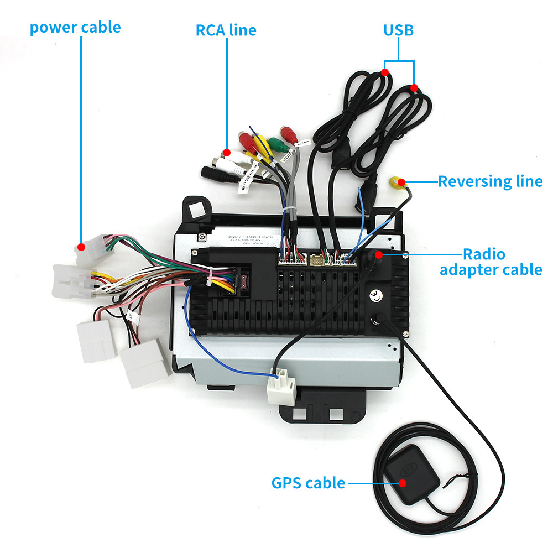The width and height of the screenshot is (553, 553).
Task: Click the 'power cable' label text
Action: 75,27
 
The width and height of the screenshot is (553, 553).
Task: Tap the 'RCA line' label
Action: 226,30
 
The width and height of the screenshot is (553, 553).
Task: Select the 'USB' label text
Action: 399,30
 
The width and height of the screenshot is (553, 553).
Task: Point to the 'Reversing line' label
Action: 490,181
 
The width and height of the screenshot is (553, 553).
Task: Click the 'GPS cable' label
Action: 308,483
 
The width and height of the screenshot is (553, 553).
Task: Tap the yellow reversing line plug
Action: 397,182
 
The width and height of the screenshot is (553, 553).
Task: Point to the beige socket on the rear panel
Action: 318,259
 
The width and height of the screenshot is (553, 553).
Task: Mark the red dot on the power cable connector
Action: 81,247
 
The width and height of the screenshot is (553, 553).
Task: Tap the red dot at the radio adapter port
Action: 378,254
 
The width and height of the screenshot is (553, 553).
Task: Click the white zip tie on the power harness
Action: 209,278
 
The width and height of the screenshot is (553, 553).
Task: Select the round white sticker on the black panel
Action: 377,295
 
